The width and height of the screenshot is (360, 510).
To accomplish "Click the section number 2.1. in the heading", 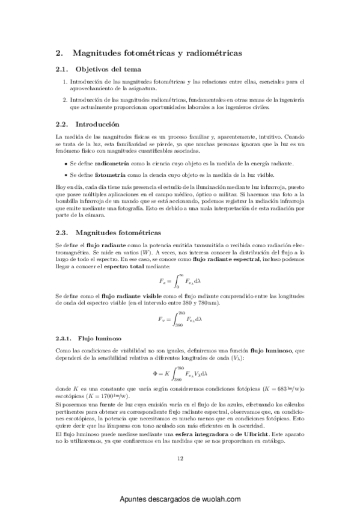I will point(63,69).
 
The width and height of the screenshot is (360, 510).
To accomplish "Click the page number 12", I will point(180,458).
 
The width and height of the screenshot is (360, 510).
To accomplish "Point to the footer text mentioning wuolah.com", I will point(180,499).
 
